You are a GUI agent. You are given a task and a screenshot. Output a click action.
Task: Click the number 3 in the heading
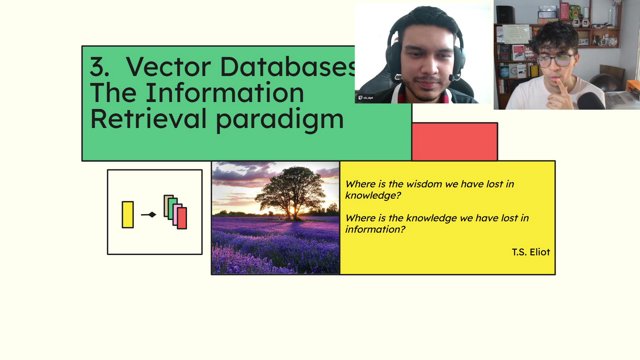point(97,68)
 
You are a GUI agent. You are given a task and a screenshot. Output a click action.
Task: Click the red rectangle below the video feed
point(454,141)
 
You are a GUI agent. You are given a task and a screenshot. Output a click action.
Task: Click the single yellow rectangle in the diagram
point(127,214)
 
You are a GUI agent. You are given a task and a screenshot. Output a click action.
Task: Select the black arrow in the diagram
point(149,214)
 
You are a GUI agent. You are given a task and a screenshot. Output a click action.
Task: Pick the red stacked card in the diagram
point(182,217)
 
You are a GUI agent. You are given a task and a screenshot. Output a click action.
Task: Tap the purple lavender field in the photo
point(275,245)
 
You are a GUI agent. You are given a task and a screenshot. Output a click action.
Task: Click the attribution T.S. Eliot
point(530,252)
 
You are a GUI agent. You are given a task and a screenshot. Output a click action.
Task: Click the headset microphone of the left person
point(456,76)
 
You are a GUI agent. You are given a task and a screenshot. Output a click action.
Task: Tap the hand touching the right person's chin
point(566,91)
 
